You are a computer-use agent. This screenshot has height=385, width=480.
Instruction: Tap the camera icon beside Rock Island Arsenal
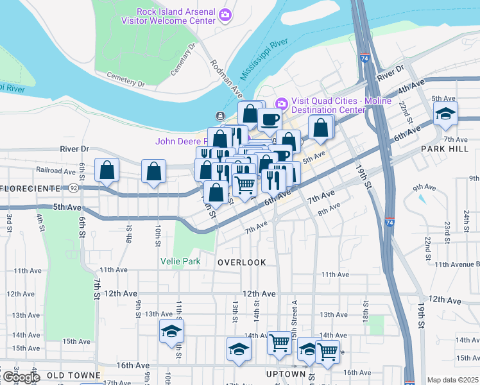click(x=225, y=13)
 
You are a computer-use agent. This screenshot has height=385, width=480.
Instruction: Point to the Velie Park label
click(x=180, y=261)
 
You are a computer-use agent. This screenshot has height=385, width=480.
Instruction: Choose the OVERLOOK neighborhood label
click(x=241, y=262)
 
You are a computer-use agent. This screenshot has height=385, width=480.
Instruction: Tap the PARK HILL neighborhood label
click(x=441, y=148)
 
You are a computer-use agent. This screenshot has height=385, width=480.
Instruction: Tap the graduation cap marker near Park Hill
click(x=445, y=114)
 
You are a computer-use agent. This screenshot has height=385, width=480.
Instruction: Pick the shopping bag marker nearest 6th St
click(x=107, y=171)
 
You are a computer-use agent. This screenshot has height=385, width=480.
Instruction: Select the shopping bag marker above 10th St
click(x=153, y=171)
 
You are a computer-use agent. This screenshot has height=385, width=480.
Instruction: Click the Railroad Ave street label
click(x=56, y=171)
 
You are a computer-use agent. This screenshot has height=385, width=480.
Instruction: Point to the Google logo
click(x=21, y=378)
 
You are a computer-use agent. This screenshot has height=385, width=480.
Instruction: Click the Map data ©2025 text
click(x=452, y=380)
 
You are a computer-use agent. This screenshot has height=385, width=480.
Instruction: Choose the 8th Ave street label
click(x=328, y=209)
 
